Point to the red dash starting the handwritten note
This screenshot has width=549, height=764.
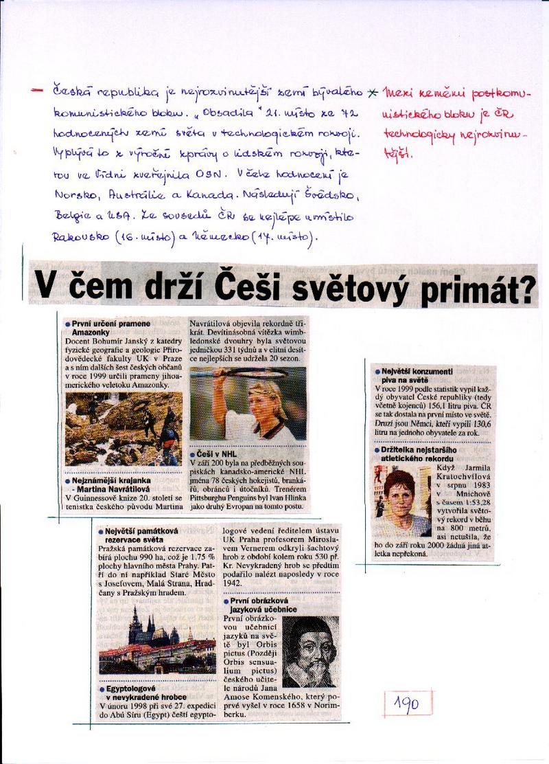tap(36, 90)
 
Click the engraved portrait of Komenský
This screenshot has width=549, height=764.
tap(310, 651)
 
